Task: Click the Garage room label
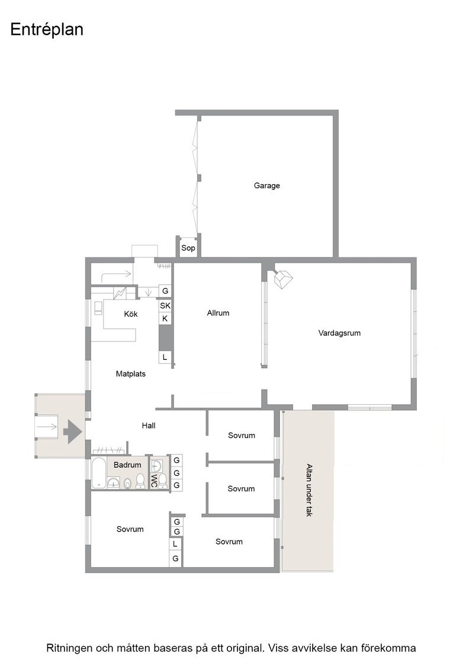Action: point(267,186)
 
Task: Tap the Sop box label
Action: point(188,248)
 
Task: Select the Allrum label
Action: point(219,313)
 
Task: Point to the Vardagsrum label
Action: point(339,333)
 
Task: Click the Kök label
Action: point(131,314)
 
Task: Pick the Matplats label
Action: point(131,374)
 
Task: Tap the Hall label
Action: point(149,426)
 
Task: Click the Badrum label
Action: point(127,465)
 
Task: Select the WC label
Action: point(154,480)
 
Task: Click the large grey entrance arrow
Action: point(72,432)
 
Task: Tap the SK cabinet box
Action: point(165,305)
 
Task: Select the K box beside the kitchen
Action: point(165,318)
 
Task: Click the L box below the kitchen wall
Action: point(165,357)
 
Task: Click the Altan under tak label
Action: point(309,491)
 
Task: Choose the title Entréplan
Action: point(47,30)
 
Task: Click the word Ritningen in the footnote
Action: point(70,648)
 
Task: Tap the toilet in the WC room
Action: point(163,481)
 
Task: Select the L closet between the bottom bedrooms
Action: point(175,545)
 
